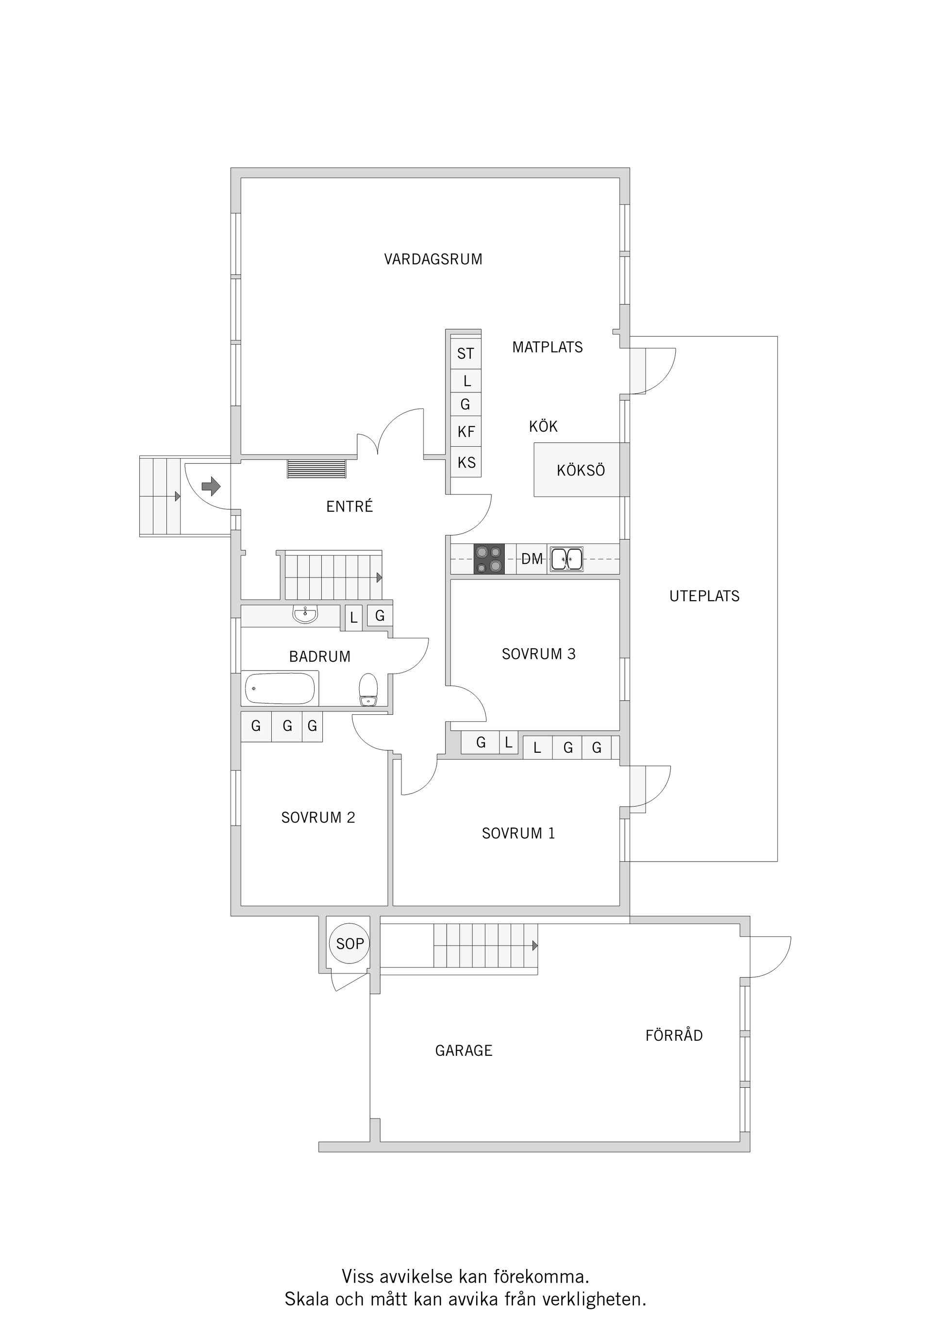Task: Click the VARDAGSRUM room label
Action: [433, 259]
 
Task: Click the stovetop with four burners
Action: [489, 558]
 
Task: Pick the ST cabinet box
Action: [466, 354]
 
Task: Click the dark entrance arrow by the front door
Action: [211, 486]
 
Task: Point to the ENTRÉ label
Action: [349, 506]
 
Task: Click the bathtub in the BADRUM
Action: [280, 688]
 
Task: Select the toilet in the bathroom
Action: [368, 690]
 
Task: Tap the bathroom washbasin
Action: [305, 614]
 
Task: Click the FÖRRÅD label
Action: [674, 1035]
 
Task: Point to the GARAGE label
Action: [464, 1051]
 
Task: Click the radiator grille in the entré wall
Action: [317, 468]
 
